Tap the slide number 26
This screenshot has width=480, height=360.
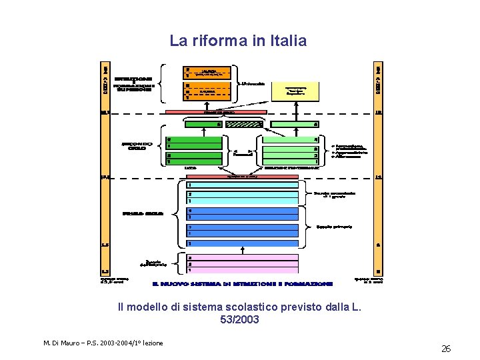(445, 349)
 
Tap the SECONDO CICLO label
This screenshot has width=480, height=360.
(137, 145)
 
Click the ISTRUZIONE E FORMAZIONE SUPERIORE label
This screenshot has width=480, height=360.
(134, 84)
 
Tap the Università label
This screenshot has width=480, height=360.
(255, 83)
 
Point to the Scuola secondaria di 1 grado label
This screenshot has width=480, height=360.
(335, 195)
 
